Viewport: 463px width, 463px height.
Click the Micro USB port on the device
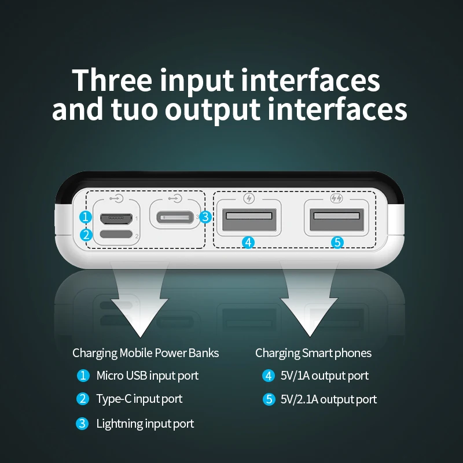pos(116,219)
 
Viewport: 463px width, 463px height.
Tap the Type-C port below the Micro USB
pos(116,234)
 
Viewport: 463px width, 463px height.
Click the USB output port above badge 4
pos(249,220)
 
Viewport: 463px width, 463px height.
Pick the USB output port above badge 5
pos(337,220)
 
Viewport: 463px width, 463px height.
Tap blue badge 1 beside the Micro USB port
pos(86,217)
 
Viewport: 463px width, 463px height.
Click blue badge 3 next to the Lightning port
pos(205,217)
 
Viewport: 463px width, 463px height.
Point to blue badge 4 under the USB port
pos(248,242)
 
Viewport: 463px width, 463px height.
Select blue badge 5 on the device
pos(337,242)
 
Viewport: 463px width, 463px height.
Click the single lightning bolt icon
pos(249,199)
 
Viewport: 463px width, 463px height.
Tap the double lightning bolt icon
pos(336,198)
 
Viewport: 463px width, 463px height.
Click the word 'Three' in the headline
pos(112,80)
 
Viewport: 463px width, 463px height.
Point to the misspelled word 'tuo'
pos(134,109)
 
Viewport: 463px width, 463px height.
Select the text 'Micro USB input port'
pos(148,376)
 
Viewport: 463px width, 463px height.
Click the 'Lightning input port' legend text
pos(145,424)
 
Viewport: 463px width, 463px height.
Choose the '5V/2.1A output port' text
pos(329,399)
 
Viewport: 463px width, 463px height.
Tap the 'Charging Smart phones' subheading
pos(313,353)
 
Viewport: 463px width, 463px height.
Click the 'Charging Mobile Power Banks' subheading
pos(146,353)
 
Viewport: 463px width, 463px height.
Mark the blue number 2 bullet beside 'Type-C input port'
pos(83,399)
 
